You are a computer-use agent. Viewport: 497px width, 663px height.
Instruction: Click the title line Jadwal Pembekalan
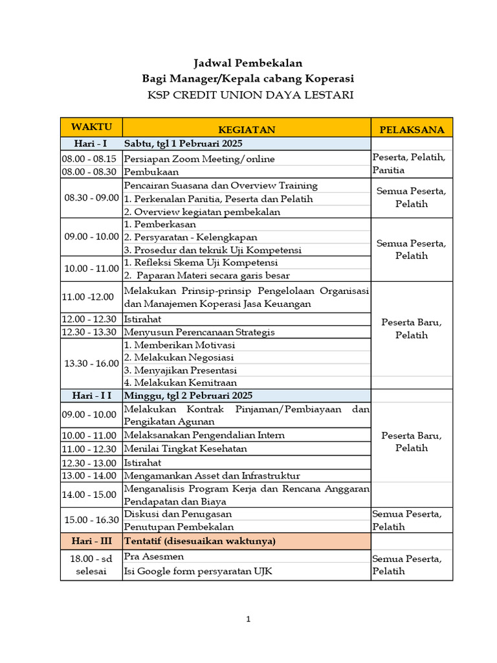pos(248,63)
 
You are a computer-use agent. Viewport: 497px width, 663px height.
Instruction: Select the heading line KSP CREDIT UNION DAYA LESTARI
pos(250,95)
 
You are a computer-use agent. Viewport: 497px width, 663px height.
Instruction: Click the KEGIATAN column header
pos(247,129)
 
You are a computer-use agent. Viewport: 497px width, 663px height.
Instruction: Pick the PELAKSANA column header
pos(412,129)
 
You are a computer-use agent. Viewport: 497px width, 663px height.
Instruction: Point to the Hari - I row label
pos(91,143)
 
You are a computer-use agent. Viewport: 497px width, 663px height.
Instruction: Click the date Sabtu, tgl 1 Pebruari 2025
pos(183,143)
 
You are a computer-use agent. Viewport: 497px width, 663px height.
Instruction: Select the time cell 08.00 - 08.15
pos(89,159)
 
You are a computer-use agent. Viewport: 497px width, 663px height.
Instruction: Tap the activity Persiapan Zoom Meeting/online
pos(199,159)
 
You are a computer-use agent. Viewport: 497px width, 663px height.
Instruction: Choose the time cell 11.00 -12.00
pos(88,297)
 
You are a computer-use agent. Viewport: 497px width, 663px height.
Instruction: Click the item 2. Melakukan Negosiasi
pos(179,357)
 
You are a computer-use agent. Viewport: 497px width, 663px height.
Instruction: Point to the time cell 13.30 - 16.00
pos(91,363)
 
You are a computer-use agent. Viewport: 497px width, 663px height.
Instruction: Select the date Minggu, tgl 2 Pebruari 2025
pos(188,395)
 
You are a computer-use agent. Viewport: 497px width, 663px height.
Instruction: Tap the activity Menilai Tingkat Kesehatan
pos(186,449)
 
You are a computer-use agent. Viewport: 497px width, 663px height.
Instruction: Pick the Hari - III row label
pos(91,541)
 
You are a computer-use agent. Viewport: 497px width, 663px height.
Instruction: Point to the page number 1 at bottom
pos(248,620)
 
